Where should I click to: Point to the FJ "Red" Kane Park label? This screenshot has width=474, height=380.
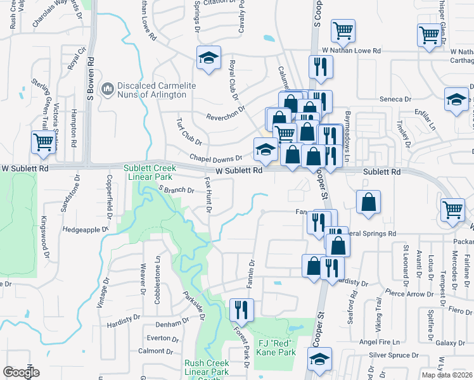pos(277,348)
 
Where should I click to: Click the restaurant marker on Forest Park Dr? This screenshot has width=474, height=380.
pos(241,308)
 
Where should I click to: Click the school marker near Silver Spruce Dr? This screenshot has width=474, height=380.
pos(320,360)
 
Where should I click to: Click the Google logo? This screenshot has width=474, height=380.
pos(21,372)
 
